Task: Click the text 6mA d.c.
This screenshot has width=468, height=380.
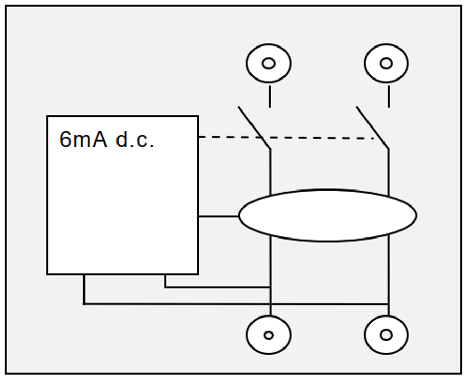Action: click(x=107, y=140)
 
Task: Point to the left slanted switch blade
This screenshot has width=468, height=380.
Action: click(x=254, y=128)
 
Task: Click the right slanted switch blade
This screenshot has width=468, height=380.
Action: click(x=372, y=128)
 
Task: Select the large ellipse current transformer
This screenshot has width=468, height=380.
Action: click(x=327, y=215)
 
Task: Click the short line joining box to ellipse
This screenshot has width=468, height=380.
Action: click(x=219, y=216)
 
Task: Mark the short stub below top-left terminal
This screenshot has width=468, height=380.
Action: click(x=270, y=97)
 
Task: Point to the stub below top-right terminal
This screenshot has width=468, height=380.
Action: click(x=388, y=97)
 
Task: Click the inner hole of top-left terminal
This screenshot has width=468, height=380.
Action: click(x=269, y=63)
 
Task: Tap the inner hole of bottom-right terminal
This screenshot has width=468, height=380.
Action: click(x=386, y=335)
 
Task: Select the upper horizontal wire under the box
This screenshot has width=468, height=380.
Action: click(x=216, y=287)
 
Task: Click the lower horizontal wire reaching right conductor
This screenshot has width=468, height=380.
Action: click(x=232, y=304)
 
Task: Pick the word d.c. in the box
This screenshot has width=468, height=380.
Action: click(x=135, y=140)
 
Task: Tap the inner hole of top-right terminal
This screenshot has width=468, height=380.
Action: click(x=386, y=63)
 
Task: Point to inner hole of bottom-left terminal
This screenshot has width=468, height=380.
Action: click(x=269, y=335)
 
